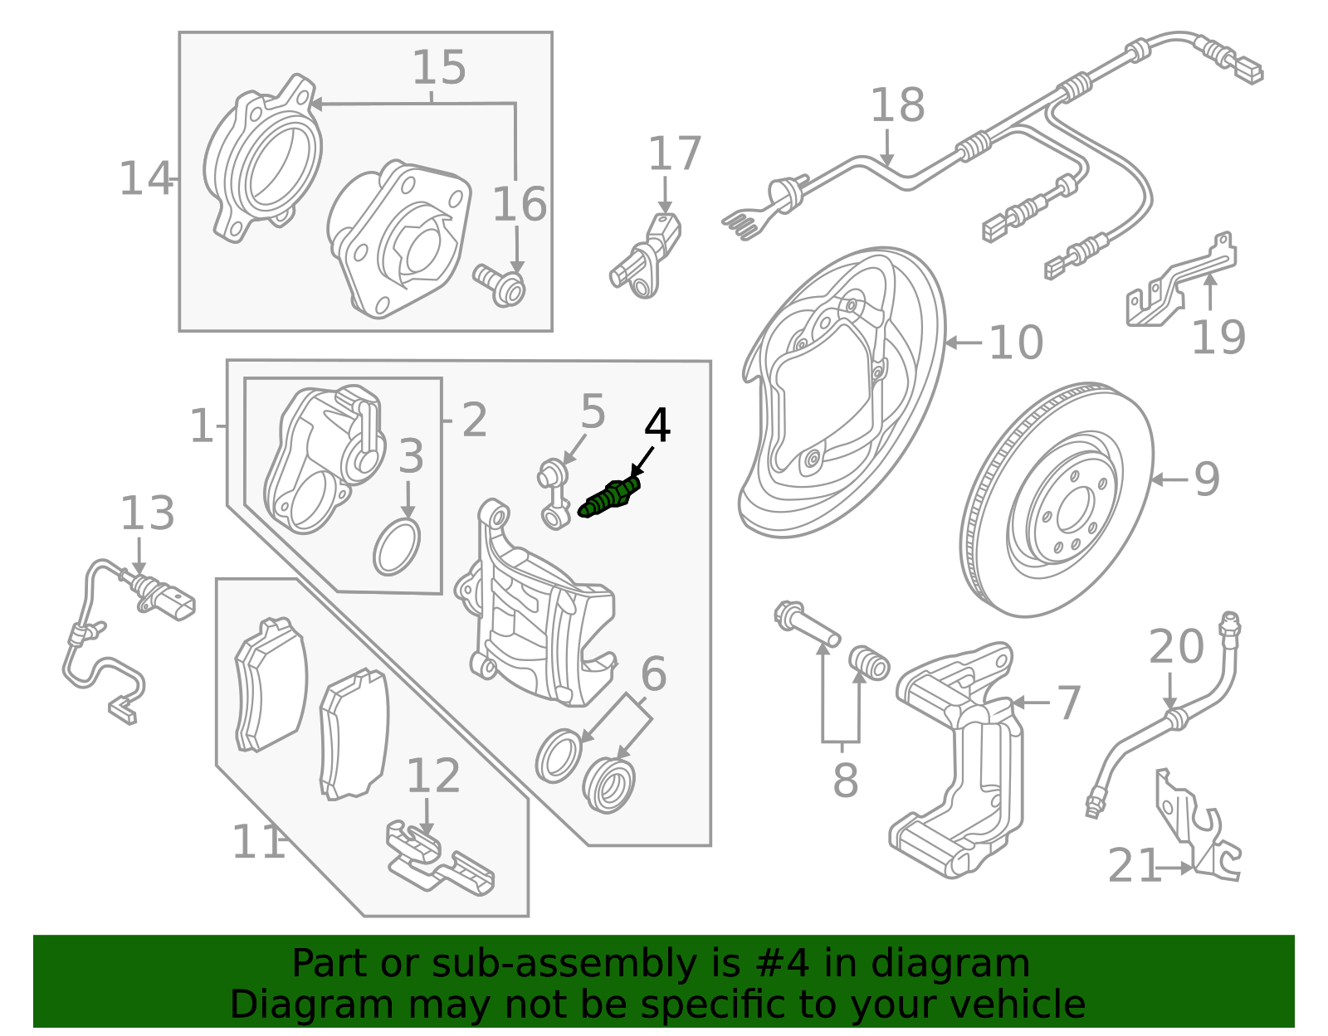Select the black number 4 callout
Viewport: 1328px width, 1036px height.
[657, 426]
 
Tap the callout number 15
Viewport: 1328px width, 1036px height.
[439, 67]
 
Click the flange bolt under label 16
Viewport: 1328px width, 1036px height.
[500, 285]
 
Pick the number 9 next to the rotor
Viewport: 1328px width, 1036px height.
[1207, 479]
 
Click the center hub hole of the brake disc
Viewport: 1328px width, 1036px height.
[1076, 507]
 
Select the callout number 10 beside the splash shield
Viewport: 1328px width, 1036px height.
[1016, 343]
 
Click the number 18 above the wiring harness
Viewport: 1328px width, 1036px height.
[897, 105]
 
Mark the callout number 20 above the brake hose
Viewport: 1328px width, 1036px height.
[1176, 646]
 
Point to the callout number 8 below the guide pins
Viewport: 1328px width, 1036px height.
[845, 781]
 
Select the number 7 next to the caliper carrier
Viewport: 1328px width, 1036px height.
[1068, 703]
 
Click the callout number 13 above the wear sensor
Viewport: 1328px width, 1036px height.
[148, 513]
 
